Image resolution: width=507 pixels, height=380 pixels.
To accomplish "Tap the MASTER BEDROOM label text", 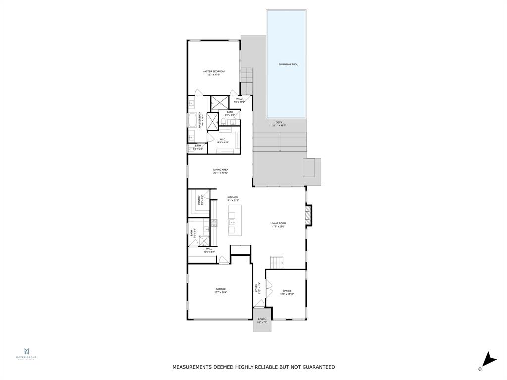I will pos(213,72).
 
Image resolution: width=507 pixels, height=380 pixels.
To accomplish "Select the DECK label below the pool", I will pos(279,122).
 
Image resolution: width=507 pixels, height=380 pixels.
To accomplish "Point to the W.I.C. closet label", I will pos(223,139).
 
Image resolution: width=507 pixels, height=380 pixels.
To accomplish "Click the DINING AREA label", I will pos(220,169).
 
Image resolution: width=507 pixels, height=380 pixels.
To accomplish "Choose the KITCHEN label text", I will pos(232,197).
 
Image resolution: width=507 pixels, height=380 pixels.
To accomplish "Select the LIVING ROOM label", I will pos(278,223).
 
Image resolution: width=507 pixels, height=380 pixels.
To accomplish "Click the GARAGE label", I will pos(220,289).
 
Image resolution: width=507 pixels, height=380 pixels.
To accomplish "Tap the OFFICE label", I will pos(287,291).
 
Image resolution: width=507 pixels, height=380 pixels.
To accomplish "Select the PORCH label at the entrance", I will pos(262,319).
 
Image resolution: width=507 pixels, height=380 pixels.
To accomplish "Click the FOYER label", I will pos(257,287).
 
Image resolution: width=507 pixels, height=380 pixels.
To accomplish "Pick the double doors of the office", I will pos(269,289).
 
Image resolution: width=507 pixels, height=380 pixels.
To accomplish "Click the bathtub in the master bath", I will pos(193,121).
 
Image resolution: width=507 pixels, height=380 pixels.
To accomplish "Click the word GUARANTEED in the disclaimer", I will pos(316,367).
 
